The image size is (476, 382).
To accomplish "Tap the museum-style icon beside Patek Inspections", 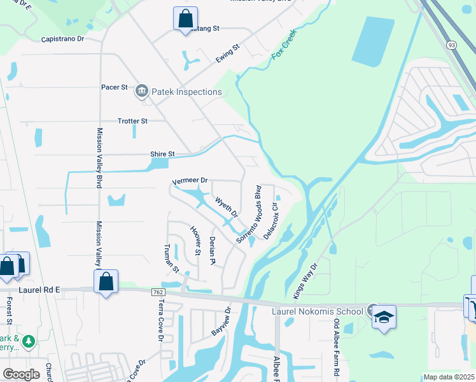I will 141,92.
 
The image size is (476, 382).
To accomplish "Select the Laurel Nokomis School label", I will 316,311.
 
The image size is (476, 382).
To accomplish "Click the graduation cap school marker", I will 384,316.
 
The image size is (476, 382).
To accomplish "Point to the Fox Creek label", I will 284,48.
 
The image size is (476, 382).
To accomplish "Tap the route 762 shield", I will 158,292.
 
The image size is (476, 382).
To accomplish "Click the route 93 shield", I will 451,44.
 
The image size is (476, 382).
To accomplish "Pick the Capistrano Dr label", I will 62,39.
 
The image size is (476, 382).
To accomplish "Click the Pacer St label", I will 115,87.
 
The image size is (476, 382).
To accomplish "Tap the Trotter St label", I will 132,120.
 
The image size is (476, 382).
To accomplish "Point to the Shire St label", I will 162,154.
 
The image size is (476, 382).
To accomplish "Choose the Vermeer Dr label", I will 190,181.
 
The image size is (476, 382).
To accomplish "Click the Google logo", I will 21,374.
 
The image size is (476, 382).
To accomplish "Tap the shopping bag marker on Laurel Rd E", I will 106,282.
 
